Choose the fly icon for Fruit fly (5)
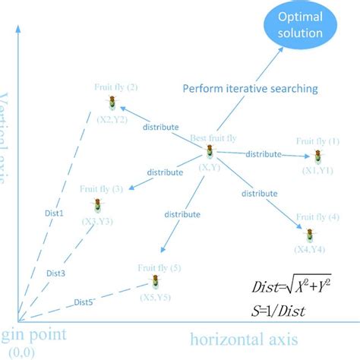156,283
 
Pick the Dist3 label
55,273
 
